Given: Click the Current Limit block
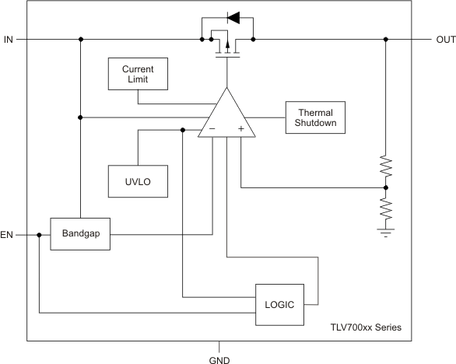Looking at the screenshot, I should point(138,74).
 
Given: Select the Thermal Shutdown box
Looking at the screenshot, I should point(314,117).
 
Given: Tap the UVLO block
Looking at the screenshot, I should point(138,180).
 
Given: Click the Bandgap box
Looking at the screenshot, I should point(80,233).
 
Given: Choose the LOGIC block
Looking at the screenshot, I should point(279,304).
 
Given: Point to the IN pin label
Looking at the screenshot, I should point(9,39).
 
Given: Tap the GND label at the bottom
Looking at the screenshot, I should point(219,359).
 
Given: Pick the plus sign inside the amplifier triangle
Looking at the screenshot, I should point(240,129).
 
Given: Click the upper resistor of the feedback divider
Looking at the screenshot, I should point(386,167).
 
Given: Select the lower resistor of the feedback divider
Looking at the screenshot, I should point(386,208).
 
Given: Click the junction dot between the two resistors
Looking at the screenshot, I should point(386,187).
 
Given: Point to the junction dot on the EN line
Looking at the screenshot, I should point(39,233).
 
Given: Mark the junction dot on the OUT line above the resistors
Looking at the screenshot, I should point(386,39).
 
